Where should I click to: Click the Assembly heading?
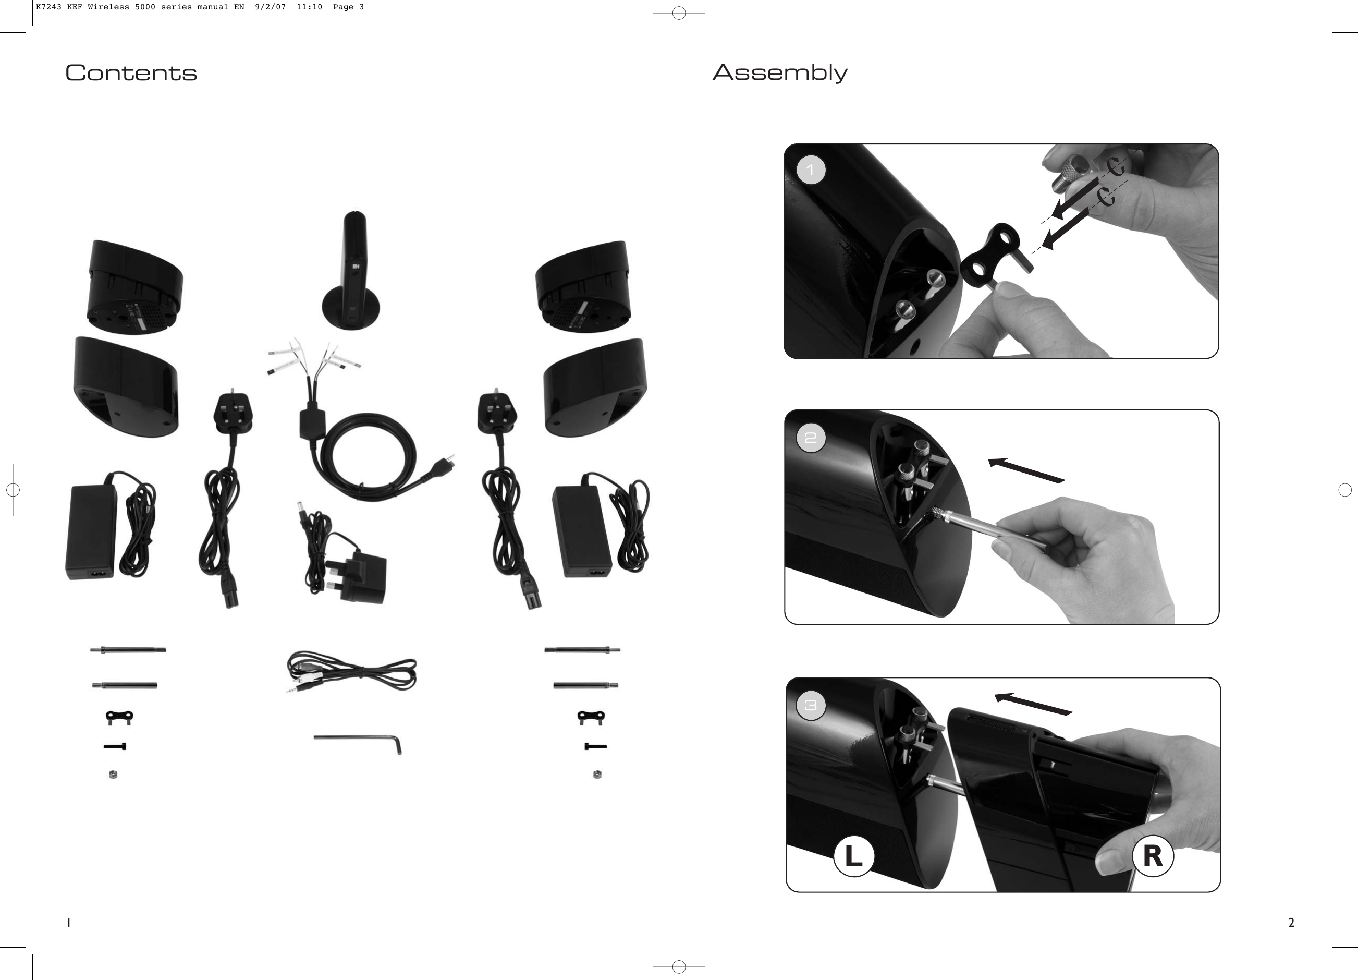pyautogui.click(x=779, y=73)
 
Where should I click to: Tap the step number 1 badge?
pyautogui.click(x=811, y=170)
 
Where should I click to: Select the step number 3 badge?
pyautogui.click(x=811, y=706)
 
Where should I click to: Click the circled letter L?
pyautogui.click(x=854, y=856)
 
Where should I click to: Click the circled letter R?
pyautogui.click(x=1153, y=856)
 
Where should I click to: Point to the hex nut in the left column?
pyautogui.click(x=113, y=775)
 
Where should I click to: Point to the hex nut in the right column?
pyautogui.click(x=597, y=775)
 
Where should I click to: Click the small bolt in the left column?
pyautogui.click(x=115, y=746)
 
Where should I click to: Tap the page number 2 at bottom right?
pyautogui.click(x=1292, y=923)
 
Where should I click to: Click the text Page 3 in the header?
pyautogui.click(x=348, y=7)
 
